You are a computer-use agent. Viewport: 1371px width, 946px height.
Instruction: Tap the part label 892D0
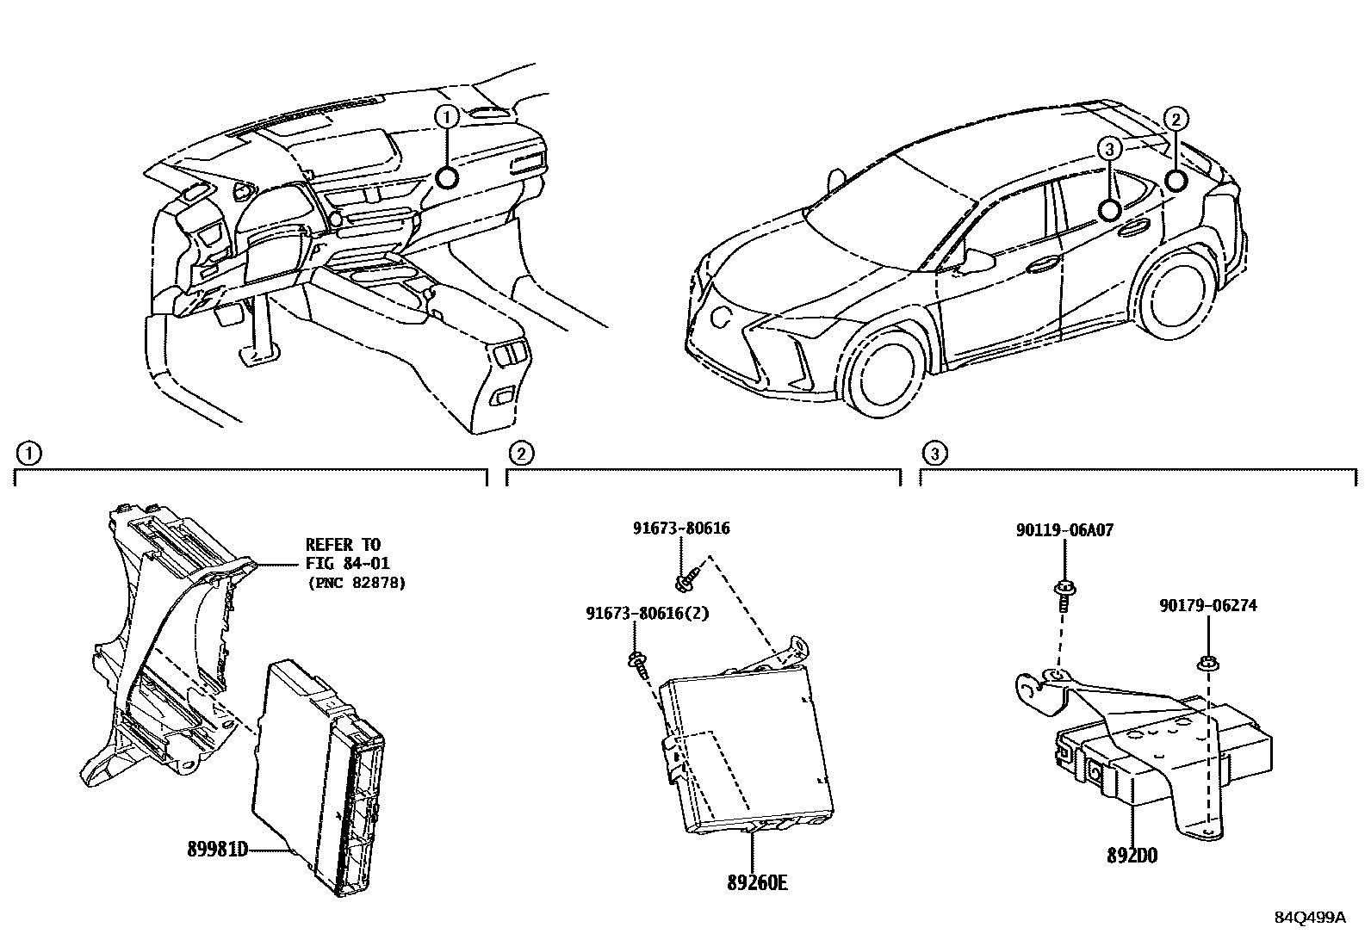pos(1132,856)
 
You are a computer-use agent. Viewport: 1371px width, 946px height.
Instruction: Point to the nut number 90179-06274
pos(1207,605)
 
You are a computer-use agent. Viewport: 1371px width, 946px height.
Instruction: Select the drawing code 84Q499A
pos(1309,917)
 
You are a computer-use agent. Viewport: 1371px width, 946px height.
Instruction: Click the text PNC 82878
pos(356,583)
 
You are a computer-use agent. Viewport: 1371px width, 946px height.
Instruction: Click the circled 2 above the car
pos(1176,119)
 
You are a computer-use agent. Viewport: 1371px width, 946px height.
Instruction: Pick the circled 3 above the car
pos(1110,150)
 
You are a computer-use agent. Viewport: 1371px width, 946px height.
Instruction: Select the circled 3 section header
pos(933,451)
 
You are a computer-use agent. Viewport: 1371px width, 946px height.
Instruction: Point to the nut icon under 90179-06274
pos(1207,664)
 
